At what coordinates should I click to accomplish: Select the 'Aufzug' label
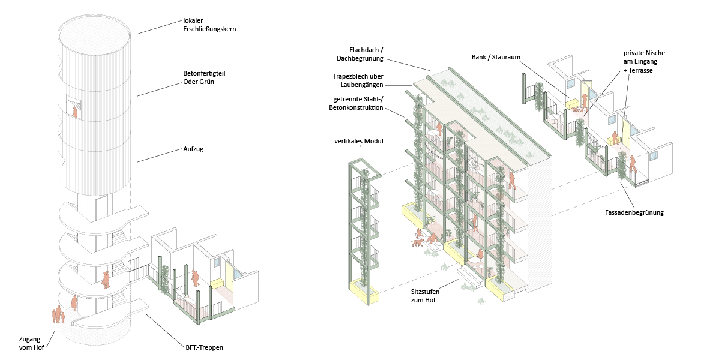193,149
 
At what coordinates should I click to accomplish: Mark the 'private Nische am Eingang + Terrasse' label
644,62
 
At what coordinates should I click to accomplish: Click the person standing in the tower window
75,111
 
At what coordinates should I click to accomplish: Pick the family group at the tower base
58,314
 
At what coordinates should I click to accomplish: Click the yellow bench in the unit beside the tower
217,281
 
